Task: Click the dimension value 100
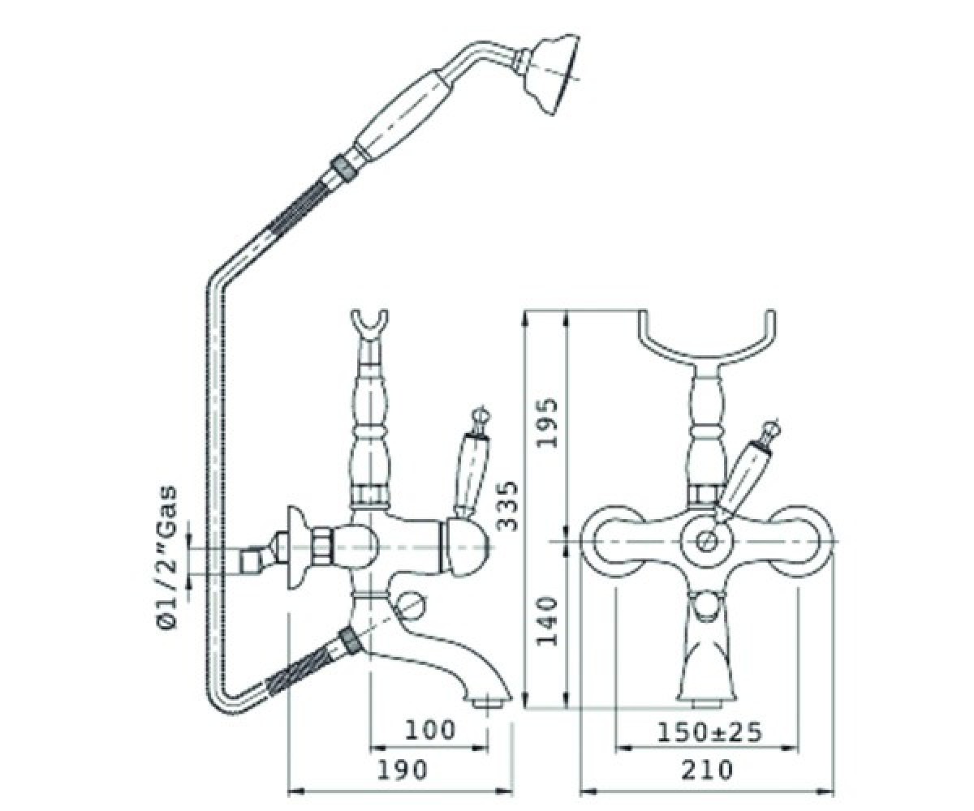click(429, 730)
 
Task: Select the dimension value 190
click(401, 770)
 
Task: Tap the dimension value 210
click(707, 770)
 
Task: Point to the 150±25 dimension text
click(709, 732)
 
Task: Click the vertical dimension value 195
click(546, 423)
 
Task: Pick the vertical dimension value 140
click(546, 621)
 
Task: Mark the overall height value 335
click(507, 506)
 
